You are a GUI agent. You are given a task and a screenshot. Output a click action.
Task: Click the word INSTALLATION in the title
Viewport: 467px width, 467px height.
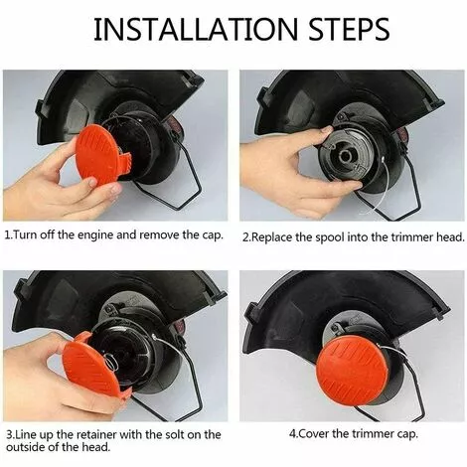coord(196,29)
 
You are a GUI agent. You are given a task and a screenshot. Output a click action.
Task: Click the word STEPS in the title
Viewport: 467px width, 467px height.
coord(349,29)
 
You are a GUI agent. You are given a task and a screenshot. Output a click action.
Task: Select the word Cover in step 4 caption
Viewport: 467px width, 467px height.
coord(314,434)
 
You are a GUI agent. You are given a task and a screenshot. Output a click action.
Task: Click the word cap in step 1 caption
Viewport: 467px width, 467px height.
coord(211,236)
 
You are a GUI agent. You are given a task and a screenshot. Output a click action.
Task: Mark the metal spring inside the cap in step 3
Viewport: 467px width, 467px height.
coord(111,362)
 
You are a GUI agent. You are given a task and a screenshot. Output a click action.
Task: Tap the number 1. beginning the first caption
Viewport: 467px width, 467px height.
coord(9,235)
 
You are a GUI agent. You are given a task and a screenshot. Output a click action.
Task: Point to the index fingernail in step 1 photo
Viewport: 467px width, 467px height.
coord(115,190)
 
